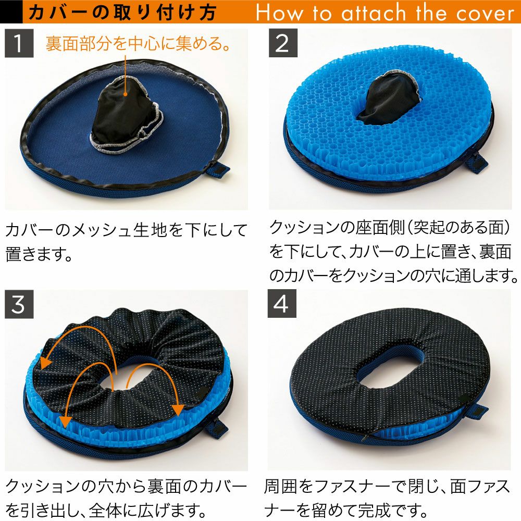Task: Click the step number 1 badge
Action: click(x=19, y=43)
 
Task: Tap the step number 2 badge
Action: click(x=283, y=43)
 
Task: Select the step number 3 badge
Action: click(x=19, y=304)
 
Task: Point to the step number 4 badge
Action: click(x=282, y=303)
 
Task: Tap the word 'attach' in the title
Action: click(x=374, y=13)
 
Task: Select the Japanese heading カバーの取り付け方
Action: click(x=122, y=13)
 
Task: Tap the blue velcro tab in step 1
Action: click(x=218, y=170)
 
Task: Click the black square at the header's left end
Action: click(x=11, y=12)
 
